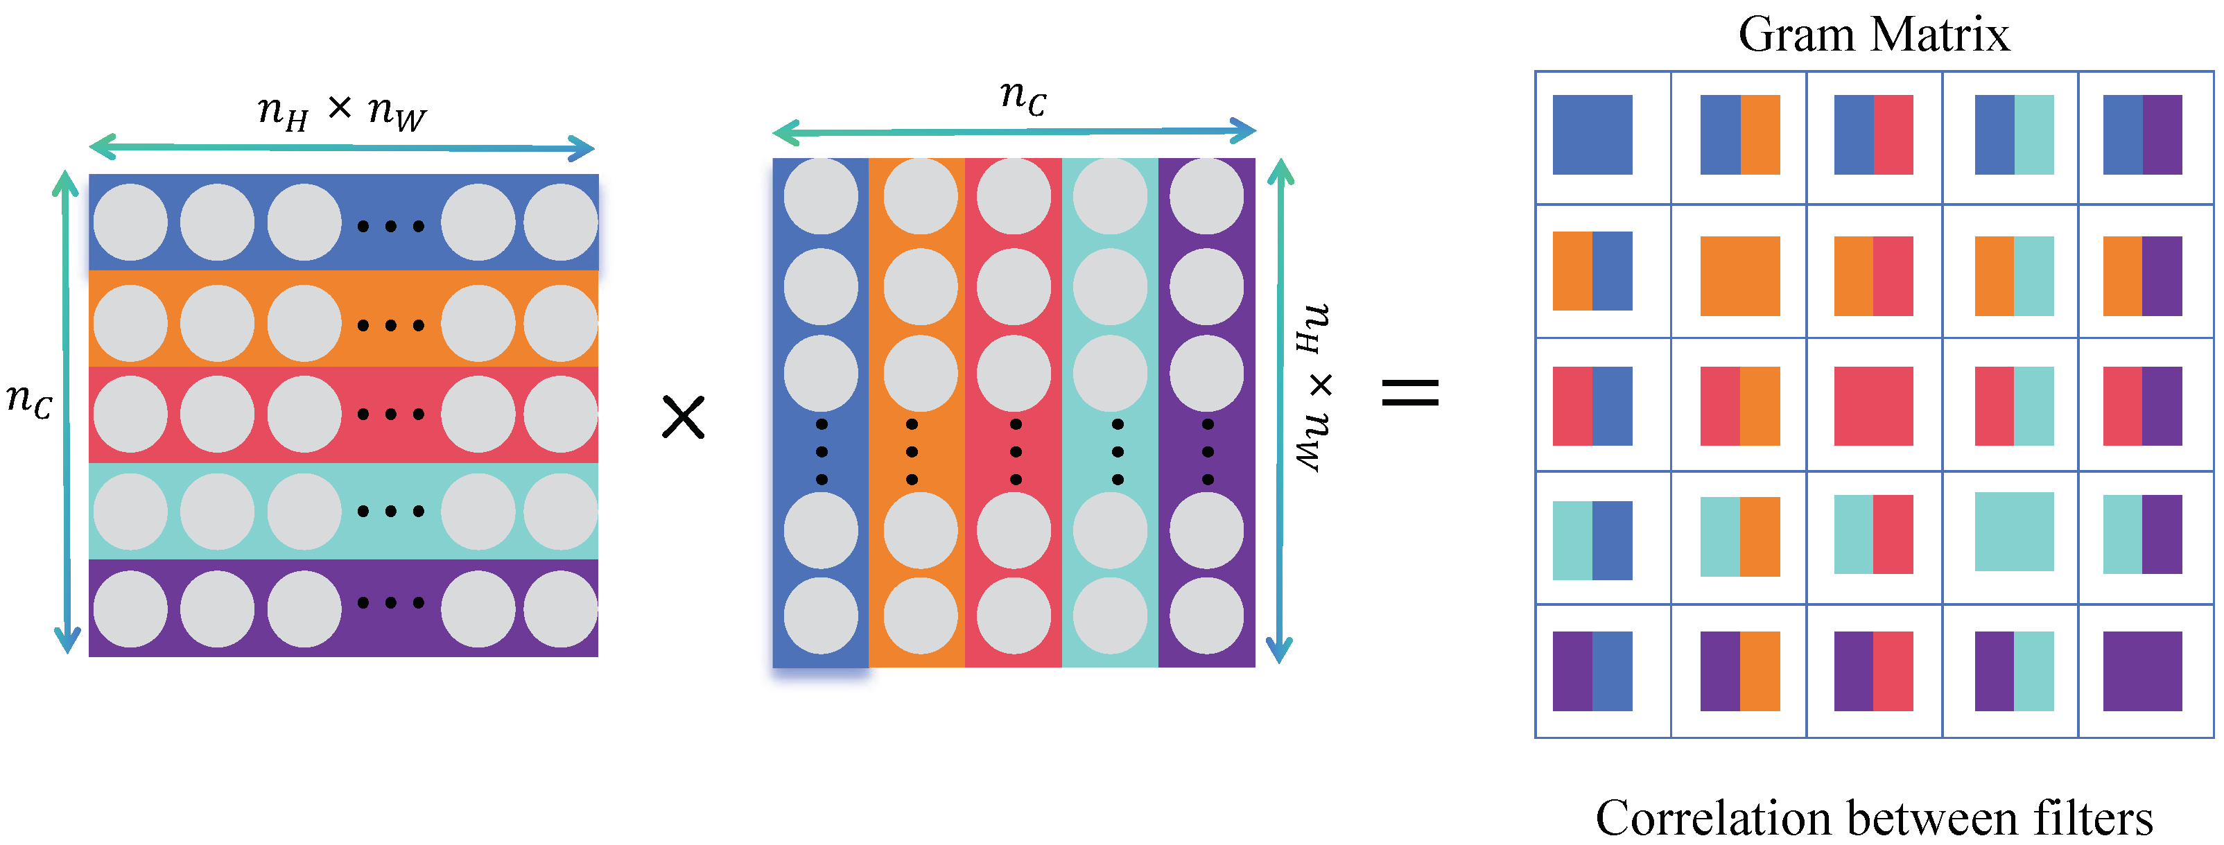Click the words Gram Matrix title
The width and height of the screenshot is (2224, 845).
[x=1873, y=35]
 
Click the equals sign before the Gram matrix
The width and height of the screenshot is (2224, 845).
[x=1410, y=393]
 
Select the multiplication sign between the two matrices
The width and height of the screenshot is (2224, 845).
[x=683, y=417]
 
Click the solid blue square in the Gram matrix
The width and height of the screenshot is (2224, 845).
[x=1592, y=134]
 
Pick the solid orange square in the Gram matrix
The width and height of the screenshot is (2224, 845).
[x=1739, y=275]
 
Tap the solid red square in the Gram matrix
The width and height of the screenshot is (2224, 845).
[x=1873, y=406]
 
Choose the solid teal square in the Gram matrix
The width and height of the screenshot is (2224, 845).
[x=2014, y=532]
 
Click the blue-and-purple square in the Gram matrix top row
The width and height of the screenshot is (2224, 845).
[x=2142, y=134]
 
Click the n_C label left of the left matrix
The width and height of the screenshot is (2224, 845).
[x=29, y=400]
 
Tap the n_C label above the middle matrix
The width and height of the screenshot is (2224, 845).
[x=1023, y=96]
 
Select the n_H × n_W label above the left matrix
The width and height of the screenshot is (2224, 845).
[x=342, y=112]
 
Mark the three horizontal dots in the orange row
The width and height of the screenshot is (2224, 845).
[x=390, y=325]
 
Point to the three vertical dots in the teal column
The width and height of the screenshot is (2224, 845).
[x=1117, y=451]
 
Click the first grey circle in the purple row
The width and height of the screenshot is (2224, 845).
[x=130, y=609]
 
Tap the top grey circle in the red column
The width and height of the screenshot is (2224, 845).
[x=1014, y=196]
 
